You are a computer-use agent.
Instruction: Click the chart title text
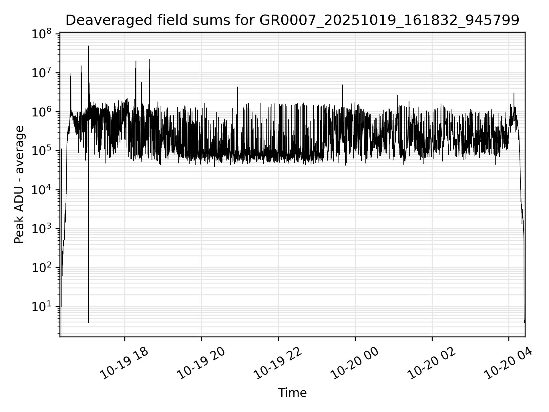[x=292, y=20]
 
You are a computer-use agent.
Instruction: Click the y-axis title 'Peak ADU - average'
[x=19, y=185]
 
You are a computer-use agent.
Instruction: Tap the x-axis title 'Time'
[x=292, y=393]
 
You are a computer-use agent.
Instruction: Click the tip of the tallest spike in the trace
[x=88, y=46]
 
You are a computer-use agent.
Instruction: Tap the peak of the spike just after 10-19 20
[x=238, y=87]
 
